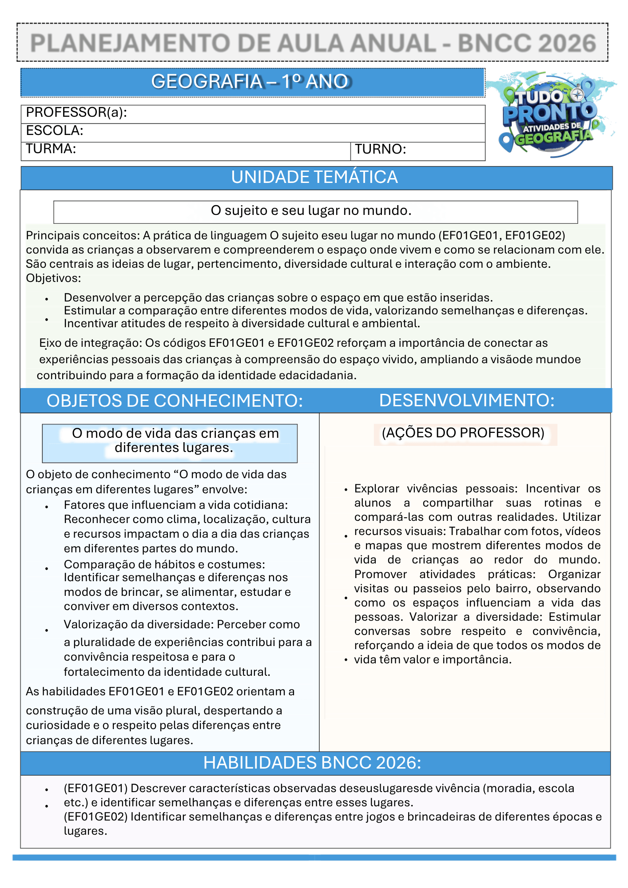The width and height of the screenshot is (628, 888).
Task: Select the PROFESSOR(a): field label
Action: click(76, 113)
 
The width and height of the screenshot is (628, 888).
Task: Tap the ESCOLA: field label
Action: click(55, 131)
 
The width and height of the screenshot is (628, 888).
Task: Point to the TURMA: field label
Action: click(51, 149)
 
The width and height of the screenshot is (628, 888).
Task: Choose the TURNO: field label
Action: click(380, 150)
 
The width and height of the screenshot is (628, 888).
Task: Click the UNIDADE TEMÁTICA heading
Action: click(314, 178)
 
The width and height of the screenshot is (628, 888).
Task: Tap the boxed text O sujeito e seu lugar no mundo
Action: click(311, 211)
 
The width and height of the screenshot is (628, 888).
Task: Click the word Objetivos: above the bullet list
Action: click(53, 278)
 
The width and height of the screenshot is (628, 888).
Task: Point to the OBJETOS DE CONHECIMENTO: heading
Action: click(175, 401)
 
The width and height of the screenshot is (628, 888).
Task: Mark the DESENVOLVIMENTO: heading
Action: click(467, 400)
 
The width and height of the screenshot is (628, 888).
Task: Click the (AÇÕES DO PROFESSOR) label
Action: click(463, 433)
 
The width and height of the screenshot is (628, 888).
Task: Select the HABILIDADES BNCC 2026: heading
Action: click(312, 763)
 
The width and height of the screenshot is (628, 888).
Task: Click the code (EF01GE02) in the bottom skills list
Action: click(95, 817)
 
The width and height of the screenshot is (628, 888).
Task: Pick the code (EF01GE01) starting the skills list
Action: click(95, 789)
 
